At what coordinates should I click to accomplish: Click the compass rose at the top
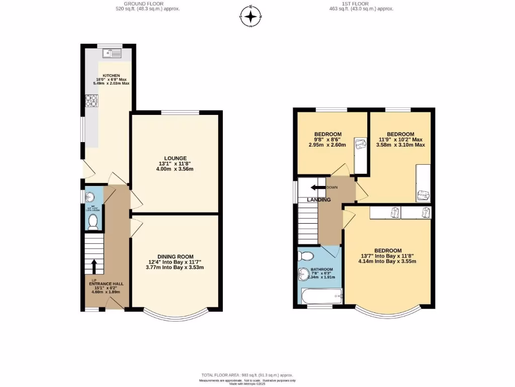250,16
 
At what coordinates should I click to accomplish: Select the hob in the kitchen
92,101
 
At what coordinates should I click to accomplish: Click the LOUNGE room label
175,158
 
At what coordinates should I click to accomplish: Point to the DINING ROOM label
175,256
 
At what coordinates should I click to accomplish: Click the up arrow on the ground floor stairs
93,266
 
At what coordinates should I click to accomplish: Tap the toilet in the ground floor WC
93,222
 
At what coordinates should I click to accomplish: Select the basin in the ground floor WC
91,197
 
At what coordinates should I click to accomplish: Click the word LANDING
319,200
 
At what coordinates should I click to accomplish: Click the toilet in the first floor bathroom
305,255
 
